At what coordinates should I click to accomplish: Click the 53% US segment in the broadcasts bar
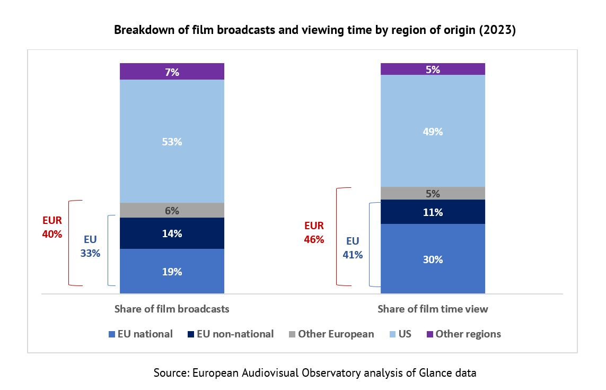(172, 141)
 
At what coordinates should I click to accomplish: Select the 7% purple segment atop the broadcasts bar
(172, 72)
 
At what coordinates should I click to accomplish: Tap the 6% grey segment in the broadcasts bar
(172, 210)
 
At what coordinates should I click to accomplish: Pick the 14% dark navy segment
(172, 233)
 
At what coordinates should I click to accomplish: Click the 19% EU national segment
(172, 271)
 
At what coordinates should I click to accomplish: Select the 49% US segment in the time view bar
(433, 131)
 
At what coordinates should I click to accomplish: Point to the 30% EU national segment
(433, 259)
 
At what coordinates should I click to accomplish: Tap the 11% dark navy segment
(433, 212)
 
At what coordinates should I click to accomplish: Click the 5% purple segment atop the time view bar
(433, 69)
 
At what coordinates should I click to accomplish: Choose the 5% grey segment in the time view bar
(433, 193)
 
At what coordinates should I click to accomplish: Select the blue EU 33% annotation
(90, 246)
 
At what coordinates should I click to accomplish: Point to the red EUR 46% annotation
(314, 232)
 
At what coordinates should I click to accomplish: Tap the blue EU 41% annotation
(352, 248)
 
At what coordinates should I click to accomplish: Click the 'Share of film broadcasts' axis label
(172, 309)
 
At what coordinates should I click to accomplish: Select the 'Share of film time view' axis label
(433, 309)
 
